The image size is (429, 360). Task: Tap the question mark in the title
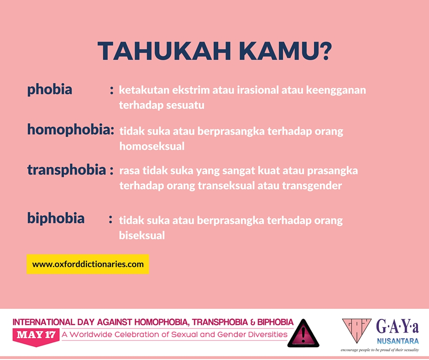pyautogui.click(x=325, y=51)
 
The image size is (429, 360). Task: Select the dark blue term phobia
pyautogui.click(x=50, y=90)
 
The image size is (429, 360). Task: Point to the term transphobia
pyautogui.click(x=67, y=170)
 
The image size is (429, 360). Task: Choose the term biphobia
pyautogui.click(x=56, y=218)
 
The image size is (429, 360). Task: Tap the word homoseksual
pyautogui.click(x=152, y=146)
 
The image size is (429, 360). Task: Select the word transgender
pyautogui.click(x=312, y=186)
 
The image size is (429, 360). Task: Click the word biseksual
pyautogui.click(x=142, y=235)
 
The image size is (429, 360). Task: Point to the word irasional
pyautogui.click(x=258, y=90)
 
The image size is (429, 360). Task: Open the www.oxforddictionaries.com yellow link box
pyautogui.click(x=88, y=264)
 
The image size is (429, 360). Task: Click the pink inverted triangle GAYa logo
pyautogui.click(x=356, y=330)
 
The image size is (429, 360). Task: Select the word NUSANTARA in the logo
pyautogui.click(x=398, y=341)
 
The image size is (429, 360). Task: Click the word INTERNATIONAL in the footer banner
pyautogui.click(x=44, y=322)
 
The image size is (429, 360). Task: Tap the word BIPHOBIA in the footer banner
pyautogui.click(x=275, y=322)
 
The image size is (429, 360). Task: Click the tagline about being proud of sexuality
pyautogui.click(x=380, y=350)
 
